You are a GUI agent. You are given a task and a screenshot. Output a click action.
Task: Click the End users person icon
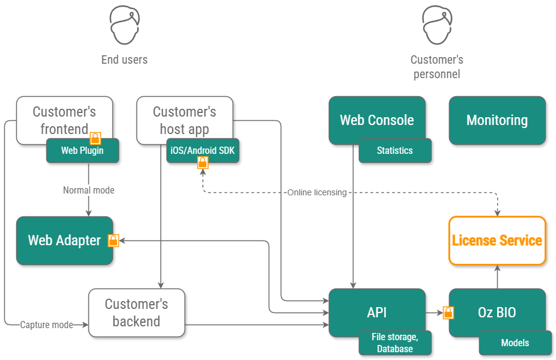124,25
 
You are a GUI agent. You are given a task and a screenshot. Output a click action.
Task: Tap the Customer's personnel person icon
436,25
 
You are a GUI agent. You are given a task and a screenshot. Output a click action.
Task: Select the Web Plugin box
82,151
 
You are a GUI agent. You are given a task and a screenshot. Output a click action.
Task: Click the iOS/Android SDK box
203,150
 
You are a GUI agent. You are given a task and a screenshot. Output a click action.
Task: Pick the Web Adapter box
64,240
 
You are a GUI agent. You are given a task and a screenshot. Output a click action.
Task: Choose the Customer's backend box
136,313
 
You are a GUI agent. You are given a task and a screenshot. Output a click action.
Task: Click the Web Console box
377,120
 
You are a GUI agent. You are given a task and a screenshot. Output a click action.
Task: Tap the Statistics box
395,151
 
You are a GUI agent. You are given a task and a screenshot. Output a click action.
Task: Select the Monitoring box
497,120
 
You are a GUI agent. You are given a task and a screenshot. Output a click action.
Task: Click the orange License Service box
497,240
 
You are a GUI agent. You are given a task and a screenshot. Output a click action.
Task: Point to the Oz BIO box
497,313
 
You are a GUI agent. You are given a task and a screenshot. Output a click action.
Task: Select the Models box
515,343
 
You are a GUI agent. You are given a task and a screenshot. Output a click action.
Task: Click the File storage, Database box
395,343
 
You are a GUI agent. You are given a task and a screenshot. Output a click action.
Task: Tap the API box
377,313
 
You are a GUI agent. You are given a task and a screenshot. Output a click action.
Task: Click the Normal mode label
88,190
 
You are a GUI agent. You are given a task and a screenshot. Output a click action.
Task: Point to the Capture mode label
47,325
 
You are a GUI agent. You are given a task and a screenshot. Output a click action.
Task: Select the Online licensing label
317,192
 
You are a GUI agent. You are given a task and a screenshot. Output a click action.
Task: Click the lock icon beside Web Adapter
113,240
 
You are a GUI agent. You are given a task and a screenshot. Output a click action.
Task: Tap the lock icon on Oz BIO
448,313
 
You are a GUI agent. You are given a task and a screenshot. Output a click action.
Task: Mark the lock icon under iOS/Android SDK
203,162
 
